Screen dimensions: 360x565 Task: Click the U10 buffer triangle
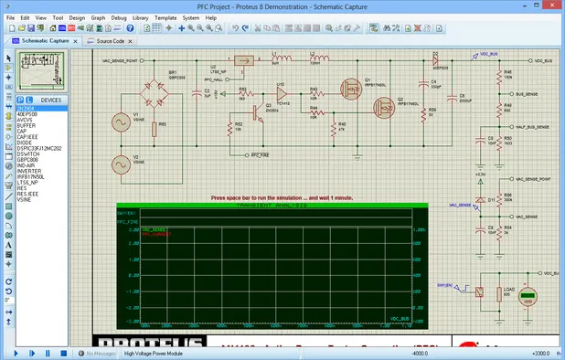[x=283, y=94]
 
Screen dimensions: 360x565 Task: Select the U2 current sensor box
[x=241, y=61]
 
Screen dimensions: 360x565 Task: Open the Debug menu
[x=119, y=17]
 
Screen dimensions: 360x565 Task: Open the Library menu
[x=141, y=17]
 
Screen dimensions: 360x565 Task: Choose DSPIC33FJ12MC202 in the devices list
[x=39, y=148]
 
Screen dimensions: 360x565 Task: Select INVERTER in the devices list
[x=29, y=170]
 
